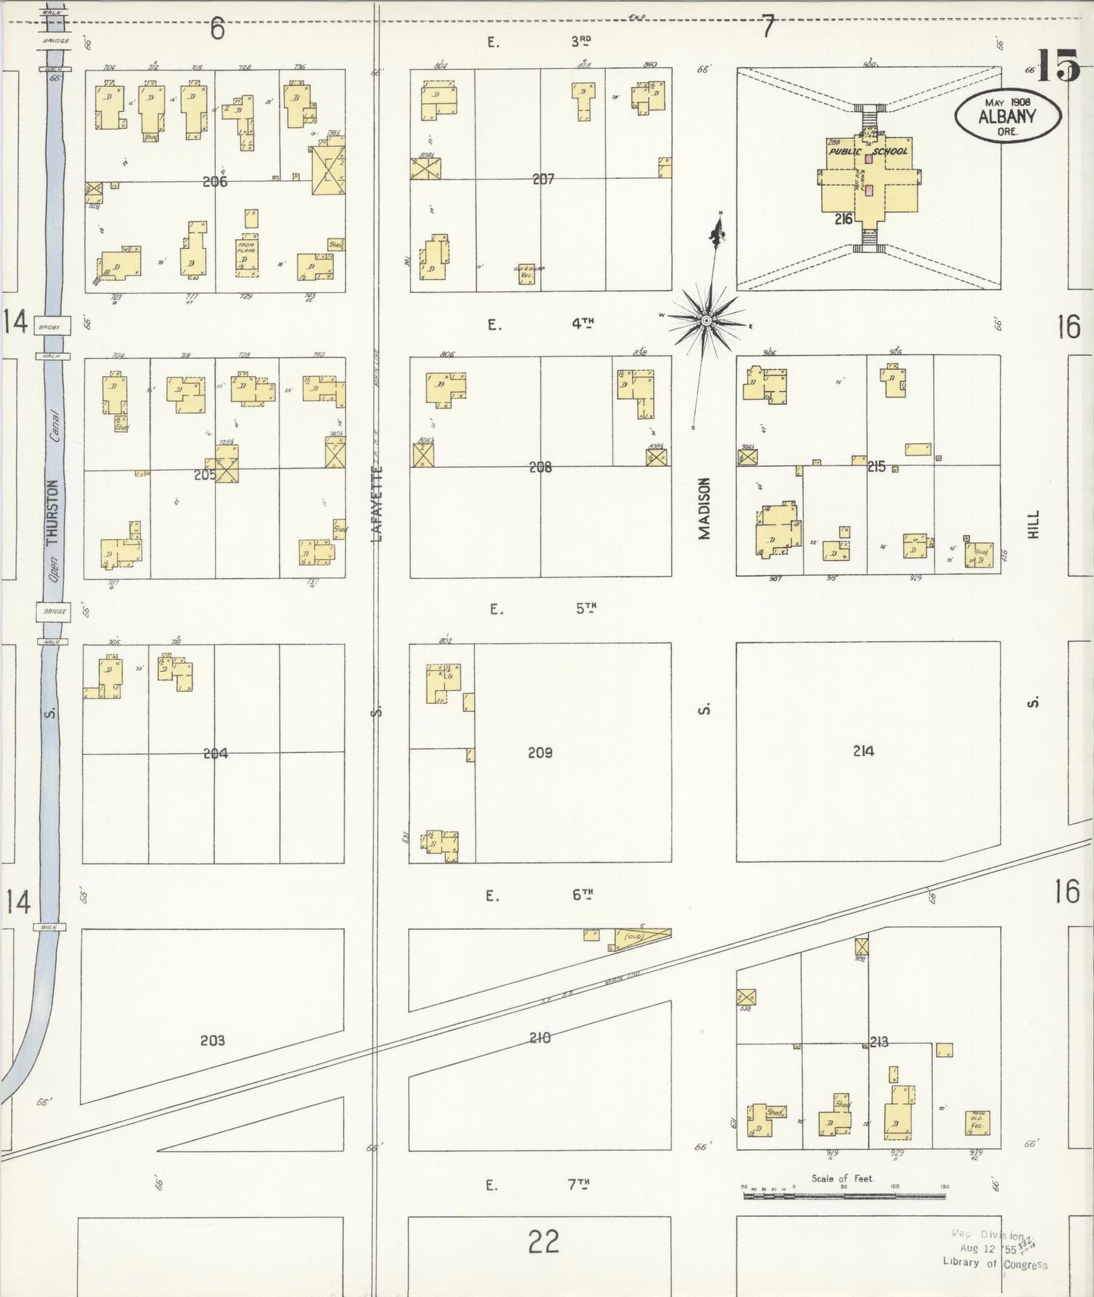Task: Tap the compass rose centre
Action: coord(706,321)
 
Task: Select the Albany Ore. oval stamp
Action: coord(1008,117)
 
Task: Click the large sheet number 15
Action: coord(1057,66)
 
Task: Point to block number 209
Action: coord(540,752)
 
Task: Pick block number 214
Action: coord(863,751)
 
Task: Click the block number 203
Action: coord(212,1040)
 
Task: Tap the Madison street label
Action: coord(705,508)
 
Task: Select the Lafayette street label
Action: coord(376,502)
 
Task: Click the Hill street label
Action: coord(1034,524)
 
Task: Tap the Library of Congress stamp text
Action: coord(995,1263)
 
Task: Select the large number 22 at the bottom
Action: coord(544,1242)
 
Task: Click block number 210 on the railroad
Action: coord(540,1037)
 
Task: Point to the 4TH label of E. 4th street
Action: coord(582,323)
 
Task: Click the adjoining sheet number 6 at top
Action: coord(218,29)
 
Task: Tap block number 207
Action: coord(543,179)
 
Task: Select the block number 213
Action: coord(878,1042)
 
